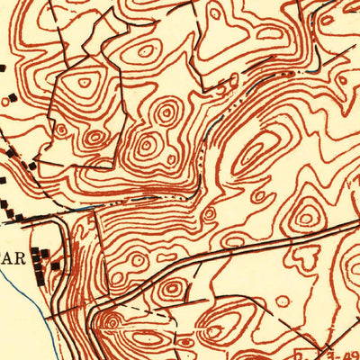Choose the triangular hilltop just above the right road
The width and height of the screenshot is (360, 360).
(307, 216)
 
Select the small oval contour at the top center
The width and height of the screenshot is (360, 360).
(214, 13)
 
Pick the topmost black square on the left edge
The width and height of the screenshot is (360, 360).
(2, 67)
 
